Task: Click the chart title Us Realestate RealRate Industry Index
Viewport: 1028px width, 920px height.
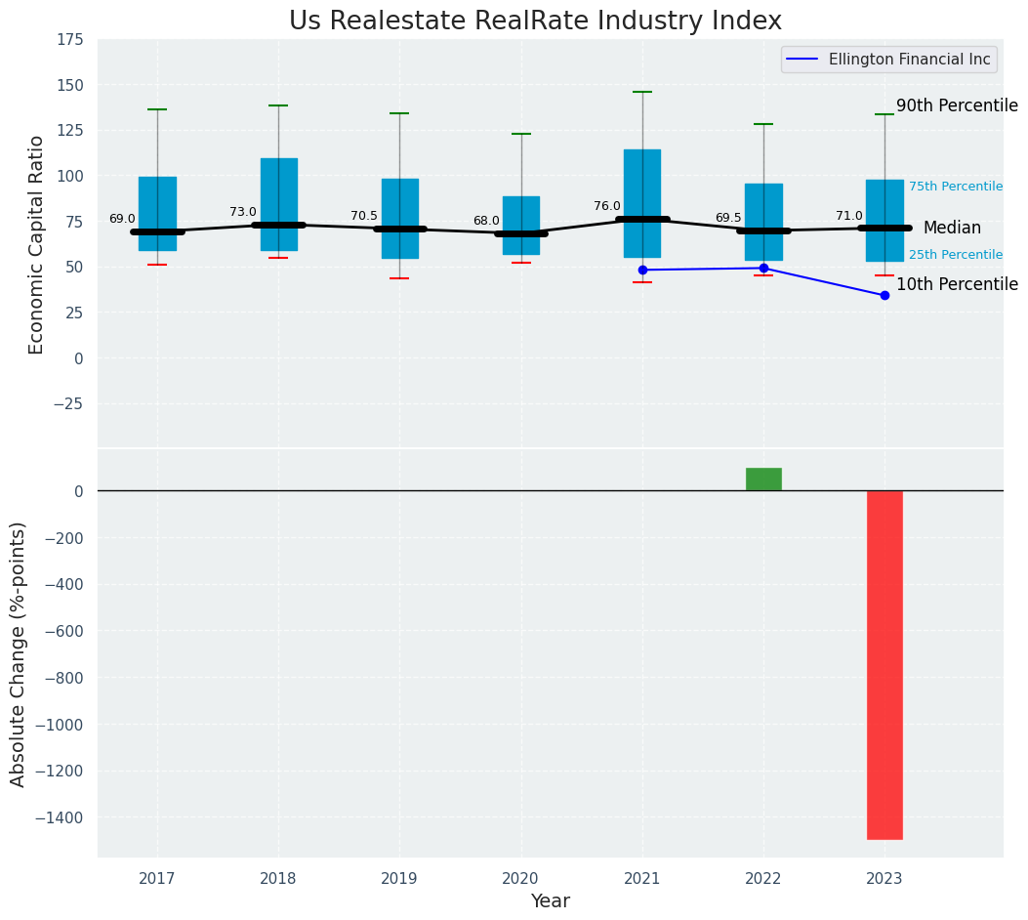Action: pyautogui.click(x=535, y=21)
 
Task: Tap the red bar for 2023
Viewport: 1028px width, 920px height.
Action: pyautogui.click(x=884, y=664)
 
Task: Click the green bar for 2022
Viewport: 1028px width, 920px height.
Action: pyautogui.click(x=763, y=479)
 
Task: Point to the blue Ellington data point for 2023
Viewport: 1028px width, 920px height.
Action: pyautogui.click(x=884, y=295)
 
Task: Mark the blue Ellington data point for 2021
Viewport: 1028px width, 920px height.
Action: pyautogui.click(x=642, y=270)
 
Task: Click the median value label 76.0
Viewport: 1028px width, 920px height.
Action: pyautogui.click(x=606, y=206)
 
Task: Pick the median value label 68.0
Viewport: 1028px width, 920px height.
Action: pyautogui.click(x=486, y=221)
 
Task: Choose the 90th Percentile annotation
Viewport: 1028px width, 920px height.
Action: pyautogui.click(x=957, y=105)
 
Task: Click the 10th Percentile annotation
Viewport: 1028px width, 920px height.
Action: pyautogui.click(x=957, y=284)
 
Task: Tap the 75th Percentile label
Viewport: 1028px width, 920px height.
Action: pyautogui.click(x=955, y=187)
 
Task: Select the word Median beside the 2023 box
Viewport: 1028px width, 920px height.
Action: pyautogui.click(x=952, y=228)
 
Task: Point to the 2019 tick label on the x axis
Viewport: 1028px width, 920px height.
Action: pyautogui.click(x=399, y=879)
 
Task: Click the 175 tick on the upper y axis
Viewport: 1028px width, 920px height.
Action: pyautogui.click(x=69, y=40)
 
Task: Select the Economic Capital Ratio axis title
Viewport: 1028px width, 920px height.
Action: pyautogui.click(x=37, y=244)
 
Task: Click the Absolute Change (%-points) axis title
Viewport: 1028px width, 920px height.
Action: pyautogui.click(x=19, y=653)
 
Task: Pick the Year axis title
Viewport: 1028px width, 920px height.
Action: pyautogui.click(x=550, y=901)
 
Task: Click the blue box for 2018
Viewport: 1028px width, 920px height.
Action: pyautogui.click(x=278, y=195)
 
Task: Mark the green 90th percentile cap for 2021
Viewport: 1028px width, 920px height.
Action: pyautogui.click(x=642, y=92)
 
